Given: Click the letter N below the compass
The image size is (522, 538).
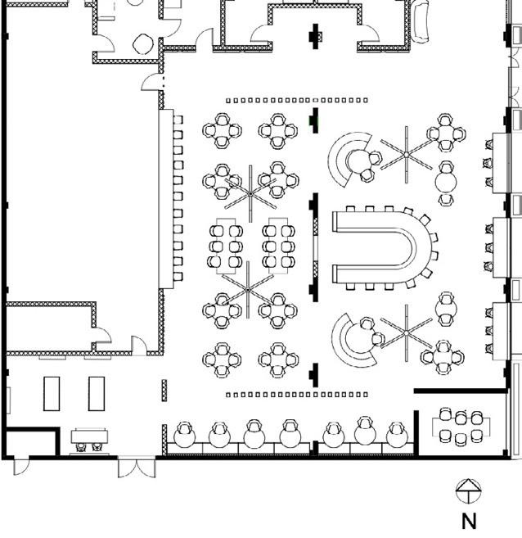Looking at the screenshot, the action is pos(469,520).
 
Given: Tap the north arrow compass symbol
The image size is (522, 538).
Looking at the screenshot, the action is pos(467,491).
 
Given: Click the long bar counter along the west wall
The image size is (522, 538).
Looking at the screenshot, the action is pos(166,199).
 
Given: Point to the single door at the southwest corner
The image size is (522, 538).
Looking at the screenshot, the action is pos(20,467).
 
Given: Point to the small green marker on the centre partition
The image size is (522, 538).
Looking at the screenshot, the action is pos(312,121).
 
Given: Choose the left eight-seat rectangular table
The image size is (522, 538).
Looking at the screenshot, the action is pos(226,245).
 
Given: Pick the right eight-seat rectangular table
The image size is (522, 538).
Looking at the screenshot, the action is pos(277,245).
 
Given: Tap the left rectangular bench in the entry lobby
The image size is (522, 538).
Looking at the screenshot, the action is pos(52,393).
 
